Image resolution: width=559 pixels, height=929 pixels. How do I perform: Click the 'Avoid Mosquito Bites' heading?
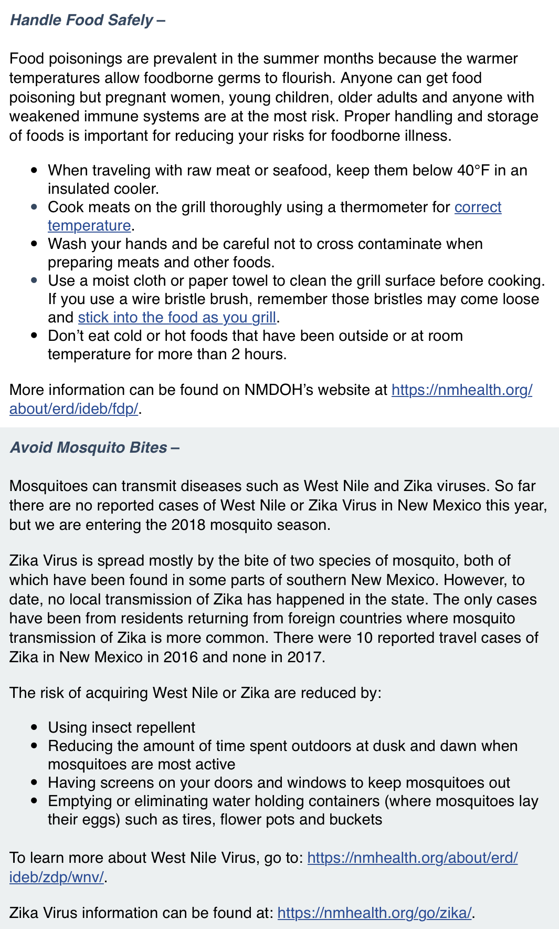pyautogui.click(x=89, y=447)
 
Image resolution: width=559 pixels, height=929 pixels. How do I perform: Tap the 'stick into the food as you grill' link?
pyautogui.click(x=177, y=318)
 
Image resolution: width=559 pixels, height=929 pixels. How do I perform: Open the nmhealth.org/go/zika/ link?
pyautogui.click(x=374, y=913)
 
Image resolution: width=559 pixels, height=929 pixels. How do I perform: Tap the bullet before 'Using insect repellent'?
pyautogui.click(x=34, y=728)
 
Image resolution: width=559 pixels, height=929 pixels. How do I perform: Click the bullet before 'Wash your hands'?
pyautogui.click(x=34, y=244)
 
